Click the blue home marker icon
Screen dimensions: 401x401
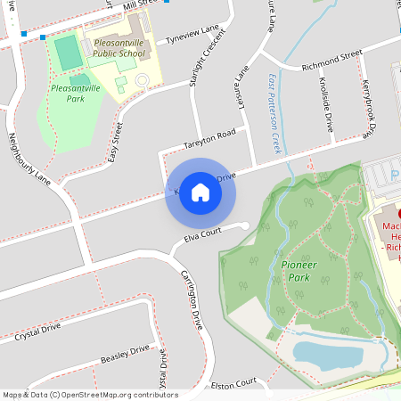200,192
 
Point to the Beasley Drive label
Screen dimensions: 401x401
125,353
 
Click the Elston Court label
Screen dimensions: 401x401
233,383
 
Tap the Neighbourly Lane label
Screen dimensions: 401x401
29,160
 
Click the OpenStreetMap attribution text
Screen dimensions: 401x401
89,395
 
